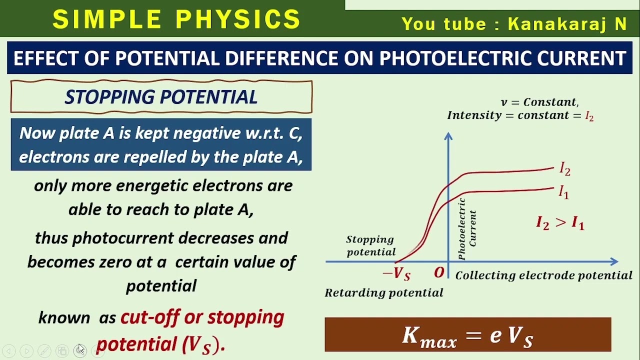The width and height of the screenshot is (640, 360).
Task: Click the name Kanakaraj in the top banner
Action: pyautogui.click(x=550, y=24)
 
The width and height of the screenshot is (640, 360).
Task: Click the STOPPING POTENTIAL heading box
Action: pyautogui.click(x=161, y=97)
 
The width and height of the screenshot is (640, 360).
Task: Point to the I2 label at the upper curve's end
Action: pyautogui.click(x=564, y=169)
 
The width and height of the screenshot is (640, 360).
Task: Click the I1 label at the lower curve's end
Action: pyautogui.click(x=563, y=191)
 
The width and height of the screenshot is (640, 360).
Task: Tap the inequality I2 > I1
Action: pyautogui.click(x=560, y=222)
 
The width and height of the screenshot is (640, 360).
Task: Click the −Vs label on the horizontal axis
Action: pyautogui.click(x=396, y=274)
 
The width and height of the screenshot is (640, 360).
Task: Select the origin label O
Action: pyautogui.click(x=439, y=273)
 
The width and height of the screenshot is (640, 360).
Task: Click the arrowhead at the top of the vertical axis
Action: pyautogui.click(x=448, y=136)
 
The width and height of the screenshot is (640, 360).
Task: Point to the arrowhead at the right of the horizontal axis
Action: pyautogui.click(x=614, y=261)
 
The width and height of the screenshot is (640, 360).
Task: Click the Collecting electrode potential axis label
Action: pyautogui.click(x=544, y=275)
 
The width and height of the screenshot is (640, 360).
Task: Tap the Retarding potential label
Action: pyautogui.click(x=384, y=293)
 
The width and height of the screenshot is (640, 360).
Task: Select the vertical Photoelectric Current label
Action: pyautogui.click(x=467, y=229)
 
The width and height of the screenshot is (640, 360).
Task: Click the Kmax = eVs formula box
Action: pyautogui.click(x=467, y=335)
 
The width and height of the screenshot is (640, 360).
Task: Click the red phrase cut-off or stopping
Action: pyautogui.click(x=202, y=317)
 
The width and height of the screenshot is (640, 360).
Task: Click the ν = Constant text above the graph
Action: pyautogui.click(x=539, y=102)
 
